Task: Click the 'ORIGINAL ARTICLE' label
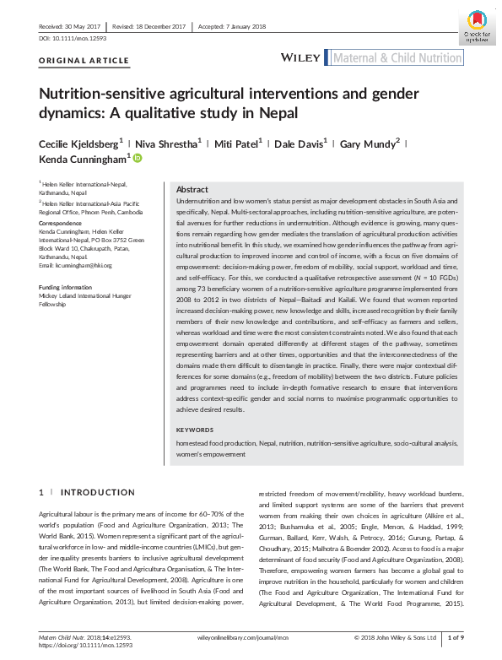pos(84,62)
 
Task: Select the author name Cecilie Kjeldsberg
pos(83,143)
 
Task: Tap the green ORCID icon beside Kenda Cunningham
pos(138,158)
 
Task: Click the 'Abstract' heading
pos(192,190)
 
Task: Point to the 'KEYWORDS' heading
pos(195,430)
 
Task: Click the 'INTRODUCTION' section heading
pos(98,492)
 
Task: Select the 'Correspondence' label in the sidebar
pos(62,225)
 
